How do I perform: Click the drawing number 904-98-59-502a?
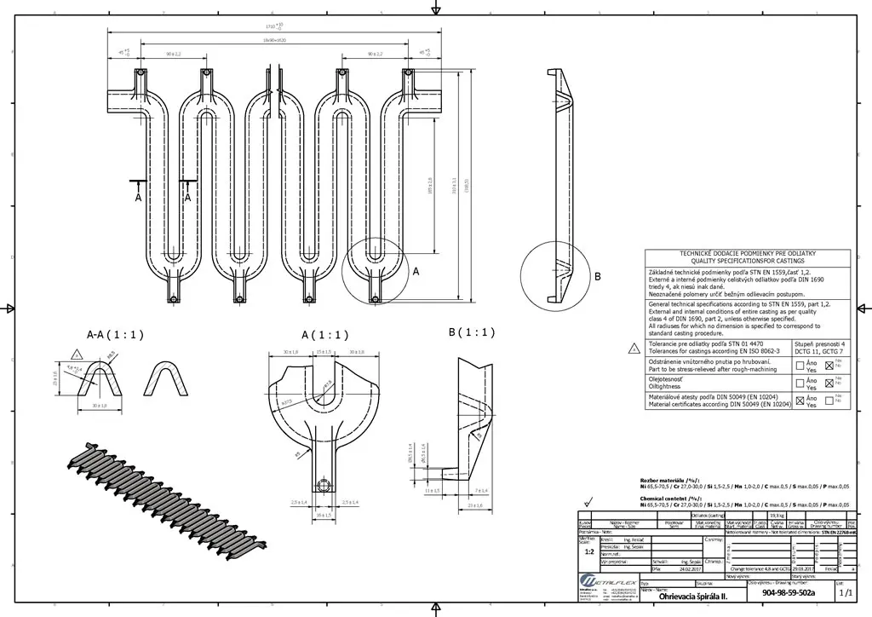789,592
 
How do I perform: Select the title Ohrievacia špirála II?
692,597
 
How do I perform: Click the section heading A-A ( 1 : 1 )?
115,334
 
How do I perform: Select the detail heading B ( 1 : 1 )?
472,332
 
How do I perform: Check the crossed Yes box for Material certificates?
800,400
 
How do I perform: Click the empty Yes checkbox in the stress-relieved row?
800,366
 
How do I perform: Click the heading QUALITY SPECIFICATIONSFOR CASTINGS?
747,260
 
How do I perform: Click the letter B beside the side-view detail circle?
598,276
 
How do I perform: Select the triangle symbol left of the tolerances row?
634,348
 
